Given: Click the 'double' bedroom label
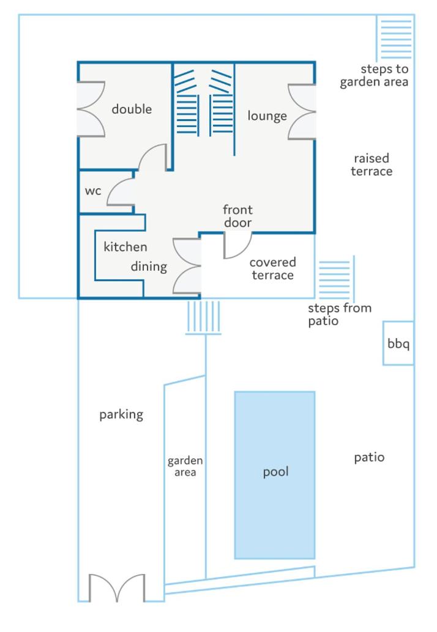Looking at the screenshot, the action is point(132,109).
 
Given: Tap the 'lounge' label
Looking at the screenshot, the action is point(267,116).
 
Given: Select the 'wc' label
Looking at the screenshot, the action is point(93,191).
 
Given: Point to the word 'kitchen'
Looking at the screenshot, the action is point(125,247).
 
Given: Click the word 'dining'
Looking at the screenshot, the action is point(149,266).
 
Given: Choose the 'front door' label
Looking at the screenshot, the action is point(237,216).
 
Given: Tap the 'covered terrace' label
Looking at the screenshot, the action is point(273,268).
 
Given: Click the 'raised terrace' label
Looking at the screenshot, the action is point(372,164).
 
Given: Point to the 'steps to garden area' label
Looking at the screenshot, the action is point(374,75).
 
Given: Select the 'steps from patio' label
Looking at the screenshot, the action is point(339,314).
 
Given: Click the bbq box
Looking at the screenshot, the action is point(398,344).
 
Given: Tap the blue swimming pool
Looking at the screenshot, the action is point(275,475).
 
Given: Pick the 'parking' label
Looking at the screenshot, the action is point(121,415).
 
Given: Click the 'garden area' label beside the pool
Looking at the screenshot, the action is point(185,466).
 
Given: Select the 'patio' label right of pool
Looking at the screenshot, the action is point(369,457).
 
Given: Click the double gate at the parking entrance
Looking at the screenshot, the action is point(117,588).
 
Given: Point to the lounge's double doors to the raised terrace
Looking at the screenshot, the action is point(302,112).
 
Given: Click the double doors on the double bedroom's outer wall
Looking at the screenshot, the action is point(91,109).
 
